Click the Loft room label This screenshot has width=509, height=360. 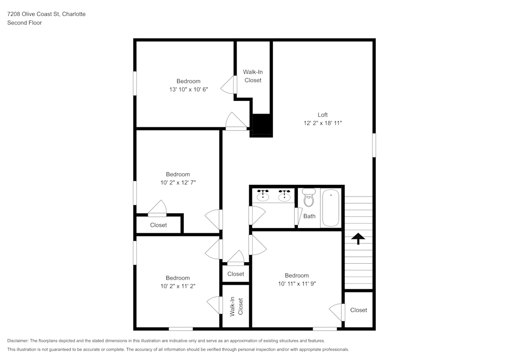click(x=323, y=115)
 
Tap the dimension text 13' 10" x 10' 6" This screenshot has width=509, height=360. click(x=188, y=90)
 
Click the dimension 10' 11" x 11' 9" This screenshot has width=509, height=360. click(x=297, y=284)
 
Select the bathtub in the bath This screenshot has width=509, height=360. click(x=331, y=208)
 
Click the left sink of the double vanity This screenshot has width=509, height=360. click(x=263, y=196)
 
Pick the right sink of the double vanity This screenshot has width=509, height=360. click(x=285, y=196)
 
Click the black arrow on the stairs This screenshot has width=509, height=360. click(x=358, y=238)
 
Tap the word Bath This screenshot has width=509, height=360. click(x=309, y=216)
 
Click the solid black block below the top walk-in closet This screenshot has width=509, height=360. click(x=263, y=125)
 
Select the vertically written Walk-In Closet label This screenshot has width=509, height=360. click(x=236, y=307)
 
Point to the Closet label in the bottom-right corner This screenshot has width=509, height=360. click(x=358, y=310)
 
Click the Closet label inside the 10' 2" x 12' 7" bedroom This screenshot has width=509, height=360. click(x=158, y=225)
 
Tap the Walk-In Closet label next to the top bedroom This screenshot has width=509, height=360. click(x=253, y=76)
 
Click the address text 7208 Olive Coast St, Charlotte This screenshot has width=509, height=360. click(x=46, y=14)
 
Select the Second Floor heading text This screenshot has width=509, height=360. click(x=24, y=23)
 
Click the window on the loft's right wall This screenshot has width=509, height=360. click(x=374, y=145)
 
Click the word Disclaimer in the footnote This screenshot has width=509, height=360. click(x=19, y=341)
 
